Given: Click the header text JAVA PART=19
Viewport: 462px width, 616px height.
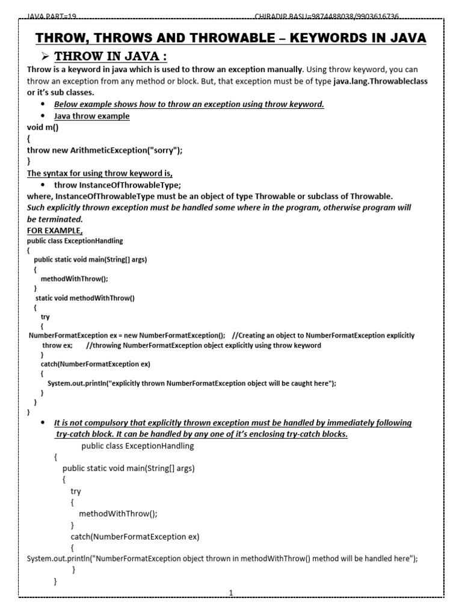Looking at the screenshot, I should (52, 16).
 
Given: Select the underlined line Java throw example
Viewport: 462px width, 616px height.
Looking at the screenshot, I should (91, 116).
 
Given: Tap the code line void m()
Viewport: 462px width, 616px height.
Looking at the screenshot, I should (43, 128).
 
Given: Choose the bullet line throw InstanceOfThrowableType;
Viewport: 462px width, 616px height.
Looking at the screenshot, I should (117, 185).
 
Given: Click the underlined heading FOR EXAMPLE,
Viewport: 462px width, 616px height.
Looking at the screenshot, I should (55, 230).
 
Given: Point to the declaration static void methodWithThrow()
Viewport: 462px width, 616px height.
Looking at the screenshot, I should (85, 297).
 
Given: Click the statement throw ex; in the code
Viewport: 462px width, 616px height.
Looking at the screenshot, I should (57, 345).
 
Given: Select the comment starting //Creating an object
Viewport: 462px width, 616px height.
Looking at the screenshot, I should (322, 335).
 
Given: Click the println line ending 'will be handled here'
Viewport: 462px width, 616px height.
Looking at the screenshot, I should (222, 558).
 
